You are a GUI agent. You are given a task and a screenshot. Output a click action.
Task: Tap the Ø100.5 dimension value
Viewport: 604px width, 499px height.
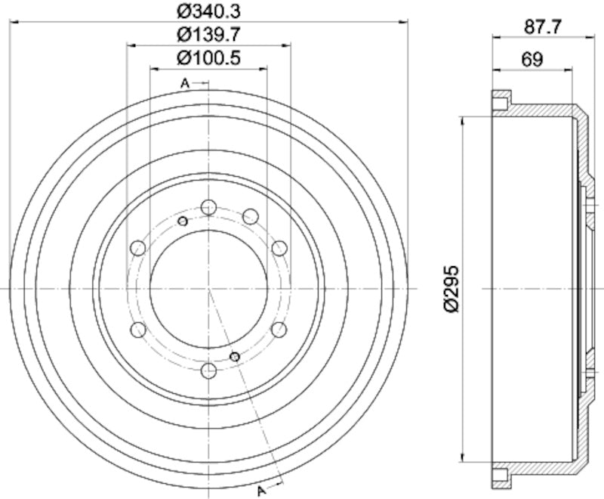[x=208, y=57]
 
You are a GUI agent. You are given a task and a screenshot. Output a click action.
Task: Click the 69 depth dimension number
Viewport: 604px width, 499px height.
[x=533, y=60]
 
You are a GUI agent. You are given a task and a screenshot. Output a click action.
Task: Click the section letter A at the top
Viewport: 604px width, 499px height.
[x=184, y=83]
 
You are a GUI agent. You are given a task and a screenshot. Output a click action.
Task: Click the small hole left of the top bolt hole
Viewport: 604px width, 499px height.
[x=182, y=221]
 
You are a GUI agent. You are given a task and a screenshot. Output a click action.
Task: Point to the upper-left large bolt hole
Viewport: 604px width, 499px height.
[x=138, y=247]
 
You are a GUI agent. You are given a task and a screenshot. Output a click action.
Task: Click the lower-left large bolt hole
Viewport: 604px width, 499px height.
[x=138, y=330]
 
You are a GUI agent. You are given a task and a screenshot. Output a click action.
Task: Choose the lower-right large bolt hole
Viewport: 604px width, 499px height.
[x=279, y=330]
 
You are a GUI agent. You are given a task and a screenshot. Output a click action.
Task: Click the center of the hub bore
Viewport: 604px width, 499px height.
[x=209, y=289]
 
